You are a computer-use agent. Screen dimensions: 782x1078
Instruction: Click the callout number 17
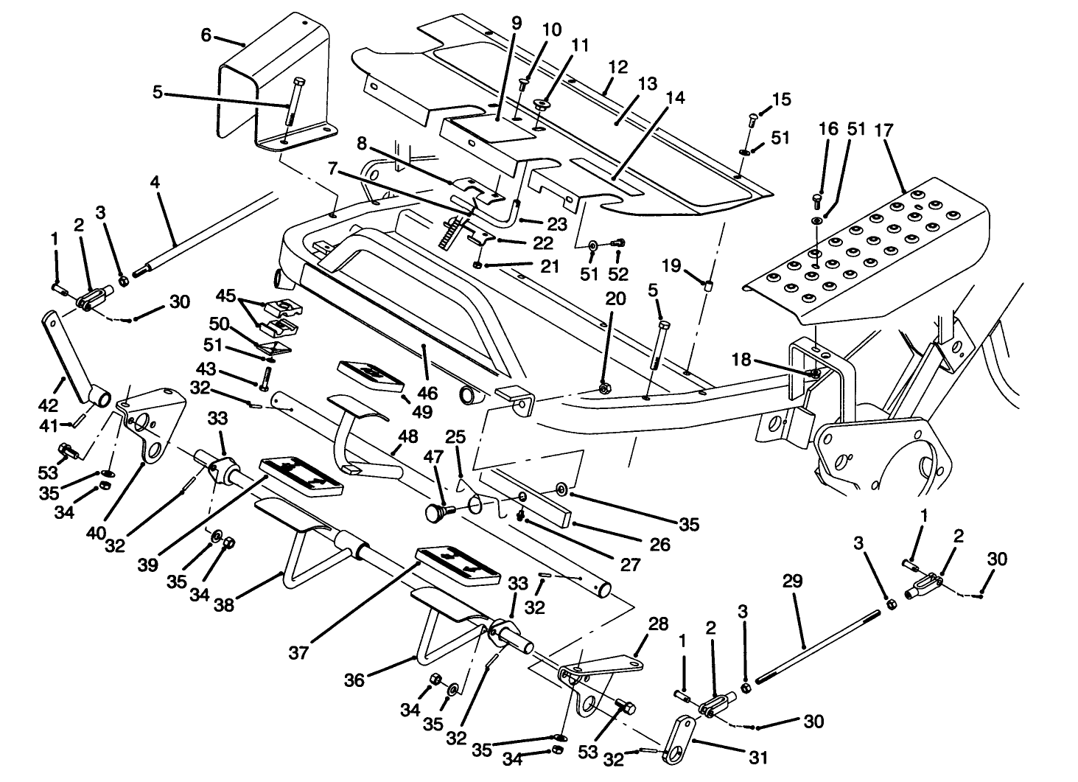(883, 131)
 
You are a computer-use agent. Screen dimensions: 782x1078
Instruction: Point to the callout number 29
(793, 582)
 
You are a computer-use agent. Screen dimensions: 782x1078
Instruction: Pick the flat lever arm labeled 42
(70, 357)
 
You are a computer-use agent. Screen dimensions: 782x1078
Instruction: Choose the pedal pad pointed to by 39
(301, 473)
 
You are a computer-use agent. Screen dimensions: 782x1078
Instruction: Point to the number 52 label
(618, 274)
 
